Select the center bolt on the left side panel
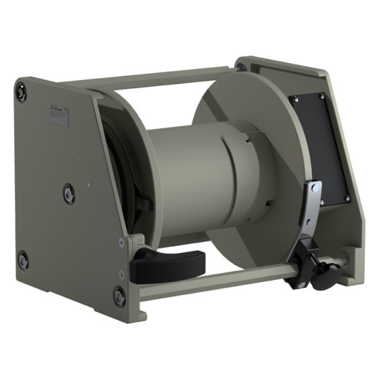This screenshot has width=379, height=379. (x=69, y=191)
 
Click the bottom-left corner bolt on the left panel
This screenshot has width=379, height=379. (x=23, y=259)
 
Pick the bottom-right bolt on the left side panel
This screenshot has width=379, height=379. (x=119, y=295)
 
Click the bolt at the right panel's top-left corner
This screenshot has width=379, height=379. (x=241, y=68)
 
